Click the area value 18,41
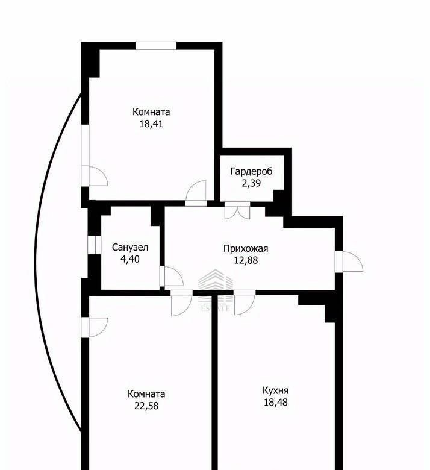pos(151,124)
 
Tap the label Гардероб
pos(251,172)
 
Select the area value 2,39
pos(251,183)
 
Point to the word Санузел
pos(130,248)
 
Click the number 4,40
pos(130,259)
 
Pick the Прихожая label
pos(246,249)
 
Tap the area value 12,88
pos(246,260)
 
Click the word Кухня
pos(276,390)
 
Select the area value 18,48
pos(276,402)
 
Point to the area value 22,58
pos(146,406)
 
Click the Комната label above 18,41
pos(151,112)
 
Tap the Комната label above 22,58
pos(146,394)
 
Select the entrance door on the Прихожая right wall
pos(349,262)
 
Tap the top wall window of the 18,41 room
pos(156,46)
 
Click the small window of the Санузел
pos(95,245)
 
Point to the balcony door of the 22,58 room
pos(94,327)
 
